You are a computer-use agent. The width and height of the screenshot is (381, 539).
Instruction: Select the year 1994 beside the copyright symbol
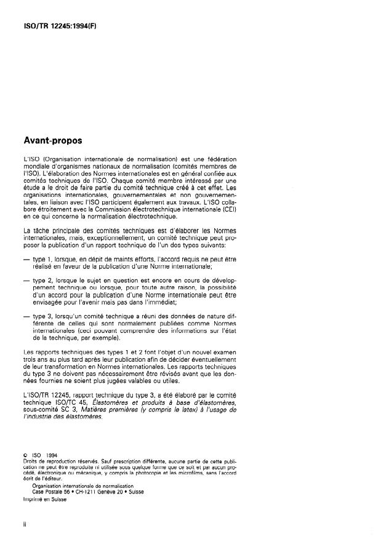click(x=52, y=456)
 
